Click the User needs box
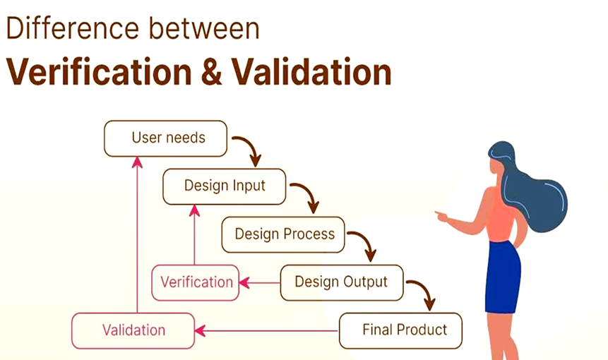click(166, 138)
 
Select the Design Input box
click(225, 186)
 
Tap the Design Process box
click(283, 234)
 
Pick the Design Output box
click(342, 282)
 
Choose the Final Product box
click(401, 330)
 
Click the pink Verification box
click(196, 282)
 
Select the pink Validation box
click(133, 330)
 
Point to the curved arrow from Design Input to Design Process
click(306, 196)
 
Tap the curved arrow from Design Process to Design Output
click(364, 244)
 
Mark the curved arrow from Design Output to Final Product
click(422, 292)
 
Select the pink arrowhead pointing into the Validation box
click(200, 330)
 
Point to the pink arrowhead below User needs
click(137, 162)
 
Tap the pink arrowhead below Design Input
click(195, 210)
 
